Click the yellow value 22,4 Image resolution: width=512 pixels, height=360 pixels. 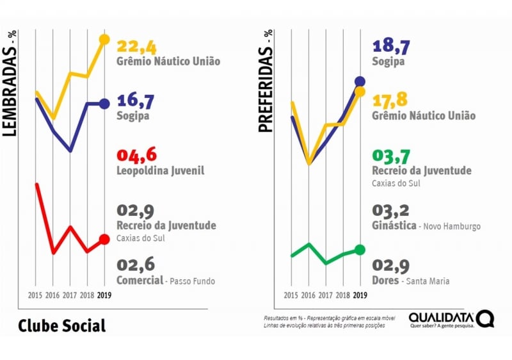coord(136,46)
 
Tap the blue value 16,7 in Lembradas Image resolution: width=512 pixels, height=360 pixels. coord(136,101)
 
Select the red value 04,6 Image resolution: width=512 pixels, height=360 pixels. coord(136,156)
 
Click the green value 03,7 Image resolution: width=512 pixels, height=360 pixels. coord(391,156)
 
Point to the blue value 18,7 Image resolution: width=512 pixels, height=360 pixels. coord(391,45)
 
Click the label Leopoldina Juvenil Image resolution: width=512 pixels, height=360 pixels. coord(160,171)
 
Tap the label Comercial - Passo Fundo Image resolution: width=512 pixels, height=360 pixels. coord(166,281)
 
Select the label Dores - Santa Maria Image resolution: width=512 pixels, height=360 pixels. coord(410,281)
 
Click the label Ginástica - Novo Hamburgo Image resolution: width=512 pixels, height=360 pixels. coord(426,226)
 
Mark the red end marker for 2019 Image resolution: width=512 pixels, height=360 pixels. coord(104,240)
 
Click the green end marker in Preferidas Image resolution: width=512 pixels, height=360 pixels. coord(360,250)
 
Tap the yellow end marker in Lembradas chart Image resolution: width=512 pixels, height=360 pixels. coord(104,40)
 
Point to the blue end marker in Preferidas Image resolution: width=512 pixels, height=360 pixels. coord(360,81)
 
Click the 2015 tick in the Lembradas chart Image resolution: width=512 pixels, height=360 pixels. coord(36,295)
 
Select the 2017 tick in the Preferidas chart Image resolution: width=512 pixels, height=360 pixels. coord(325,295)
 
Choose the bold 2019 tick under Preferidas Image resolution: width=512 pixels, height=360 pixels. coord(360,295)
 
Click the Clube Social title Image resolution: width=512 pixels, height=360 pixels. coord(61,325)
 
